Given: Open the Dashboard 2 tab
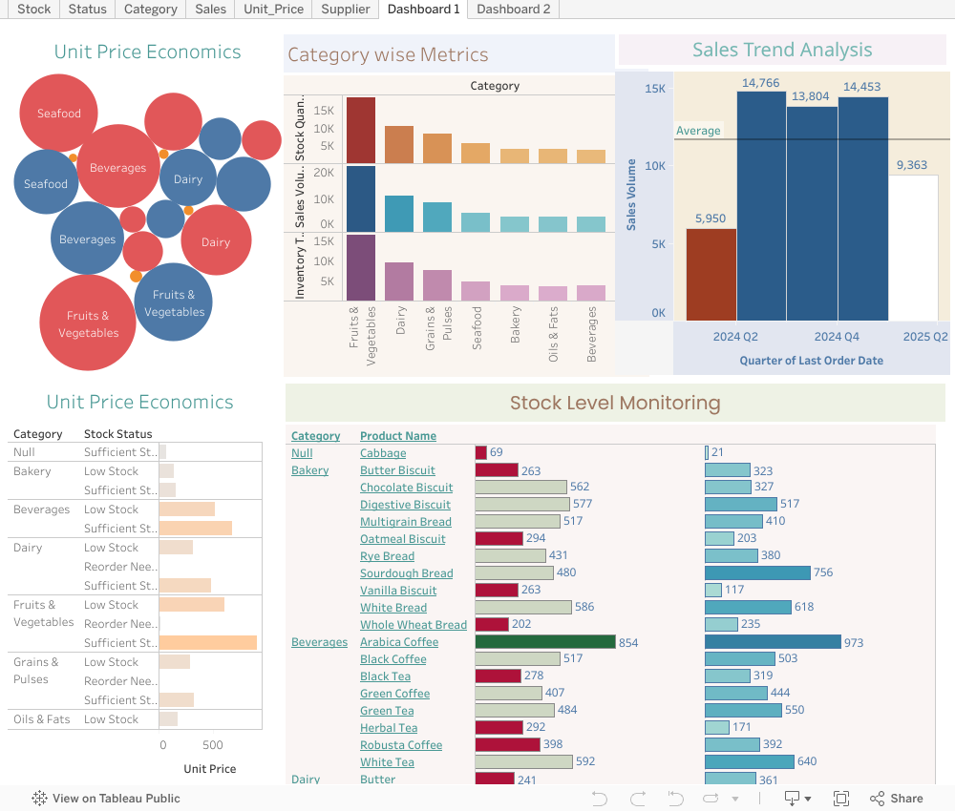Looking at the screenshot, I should [x=513, y=10].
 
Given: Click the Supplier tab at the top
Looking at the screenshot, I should [x=345, y=10].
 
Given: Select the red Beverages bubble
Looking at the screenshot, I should [x=118, y=167].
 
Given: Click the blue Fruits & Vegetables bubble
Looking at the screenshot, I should [x=174, y=302].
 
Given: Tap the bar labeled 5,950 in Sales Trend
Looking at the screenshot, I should [x=711, y=275].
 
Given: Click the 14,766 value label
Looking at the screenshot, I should [x=760, y=84].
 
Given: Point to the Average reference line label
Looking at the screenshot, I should [x=698, y=131].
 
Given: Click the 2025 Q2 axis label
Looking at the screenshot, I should [x=925, y=337].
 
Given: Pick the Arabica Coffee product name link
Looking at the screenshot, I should [x=398, y=642].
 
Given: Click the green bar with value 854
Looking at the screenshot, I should [x=545, y=642].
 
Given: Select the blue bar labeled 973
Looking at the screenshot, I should [x=773, y=642].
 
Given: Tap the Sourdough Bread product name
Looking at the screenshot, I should [x=406, y=573].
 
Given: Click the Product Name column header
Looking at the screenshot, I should [x=397, y=436].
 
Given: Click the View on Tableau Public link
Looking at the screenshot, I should [x=106, y=799].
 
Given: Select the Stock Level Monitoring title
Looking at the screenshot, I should [x=614, y=403].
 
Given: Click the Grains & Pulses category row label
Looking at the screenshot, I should [x=36, y=671].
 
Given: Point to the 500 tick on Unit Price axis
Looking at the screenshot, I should [x=213, y=745].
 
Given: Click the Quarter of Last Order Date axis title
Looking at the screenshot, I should [x=811, y=361].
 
